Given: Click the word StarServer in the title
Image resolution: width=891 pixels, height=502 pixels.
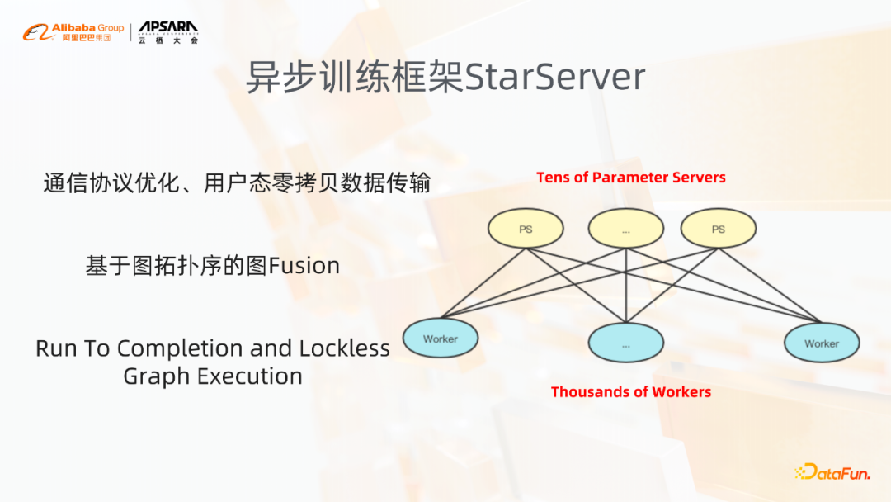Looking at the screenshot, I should click(x=555, y=78).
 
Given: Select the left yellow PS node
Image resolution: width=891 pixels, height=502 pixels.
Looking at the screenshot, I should click(x=526, y=229).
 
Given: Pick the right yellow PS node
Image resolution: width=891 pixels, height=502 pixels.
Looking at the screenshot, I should click(x=718, y=229).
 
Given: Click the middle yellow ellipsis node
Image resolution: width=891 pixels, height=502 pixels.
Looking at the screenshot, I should click(x=626, y=230).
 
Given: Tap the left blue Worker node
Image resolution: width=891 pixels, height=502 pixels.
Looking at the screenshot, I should click(x=440, y=339).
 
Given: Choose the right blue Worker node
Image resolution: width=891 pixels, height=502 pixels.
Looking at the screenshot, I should click(x=821, y=343).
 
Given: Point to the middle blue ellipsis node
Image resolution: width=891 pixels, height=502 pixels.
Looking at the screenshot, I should click(x=626, y=343).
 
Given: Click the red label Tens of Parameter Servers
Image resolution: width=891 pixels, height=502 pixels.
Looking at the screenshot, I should click(x=631, y=178).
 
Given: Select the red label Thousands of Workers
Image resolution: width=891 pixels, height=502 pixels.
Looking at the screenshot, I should click(x=630, y=392).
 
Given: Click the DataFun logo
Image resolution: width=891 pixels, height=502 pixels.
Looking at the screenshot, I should click(x=832, y=472).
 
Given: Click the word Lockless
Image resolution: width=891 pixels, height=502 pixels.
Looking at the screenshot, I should click(x=345, y=348).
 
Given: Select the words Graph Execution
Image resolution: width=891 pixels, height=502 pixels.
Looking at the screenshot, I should click(x=213, y=376).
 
